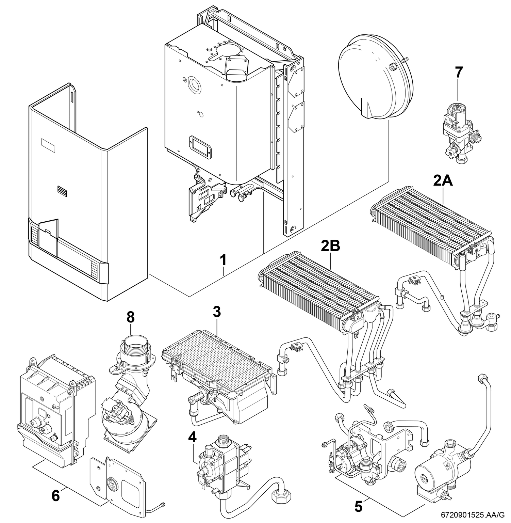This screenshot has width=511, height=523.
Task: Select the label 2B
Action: tap(331, 245)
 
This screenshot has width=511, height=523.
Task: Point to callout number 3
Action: tap(217, 312)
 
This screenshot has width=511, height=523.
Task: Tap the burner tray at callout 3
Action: tap(218, 378)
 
